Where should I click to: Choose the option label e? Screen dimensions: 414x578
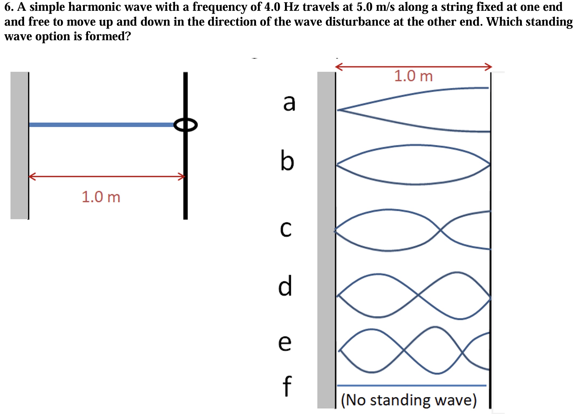pos(285,343)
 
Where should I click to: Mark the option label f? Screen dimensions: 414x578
pos(287,386)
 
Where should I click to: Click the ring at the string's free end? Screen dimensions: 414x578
pos(185,125)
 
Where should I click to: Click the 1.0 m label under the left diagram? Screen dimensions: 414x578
pos(101,197)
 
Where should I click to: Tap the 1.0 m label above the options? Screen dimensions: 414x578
pos(413,76)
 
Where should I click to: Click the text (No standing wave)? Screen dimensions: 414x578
pos(409,400)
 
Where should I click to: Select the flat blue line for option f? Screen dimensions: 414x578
pos(411,385)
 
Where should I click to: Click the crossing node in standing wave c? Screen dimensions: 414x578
pos(440,230)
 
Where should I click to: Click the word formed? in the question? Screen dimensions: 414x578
pos(108,36)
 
